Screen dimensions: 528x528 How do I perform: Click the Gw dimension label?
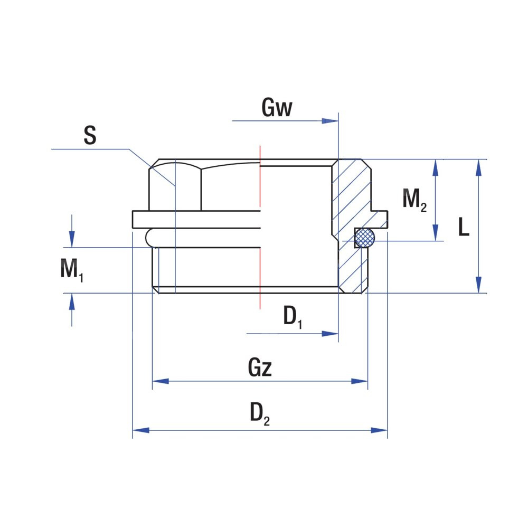click(277, 108)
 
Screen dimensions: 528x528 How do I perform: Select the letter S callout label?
click(90, 135)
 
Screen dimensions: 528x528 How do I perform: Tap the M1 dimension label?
click(71, 270)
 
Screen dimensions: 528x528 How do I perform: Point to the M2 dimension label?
click(414, 200)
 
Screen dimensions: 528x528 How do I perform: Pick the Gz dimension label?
click(260, 368)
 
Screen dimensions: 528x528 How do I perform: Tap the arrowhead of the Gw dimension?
click(331, 121)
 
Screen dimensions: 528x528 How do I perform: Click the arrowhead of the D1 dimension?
click(331, 334)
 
